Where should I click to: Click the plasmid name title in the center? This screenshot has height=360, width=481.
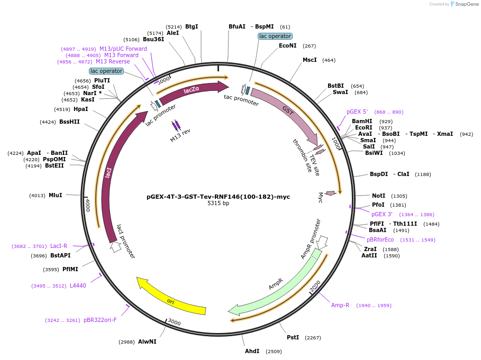pyautogui.click(x=218, y=197)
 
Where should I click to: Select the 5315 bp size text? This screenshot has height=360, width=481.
pyautogui.click(x=218, y=204)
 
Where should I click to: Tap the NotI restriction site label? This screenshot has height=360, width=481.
pyautogui.click(x=378, y=196)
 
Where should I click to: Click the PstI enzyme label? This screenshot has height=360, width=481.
pyautogui.click(x=293, y=337)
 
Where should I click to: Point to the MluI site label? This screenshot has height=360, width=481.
pyautogui.click(x=55, y=195)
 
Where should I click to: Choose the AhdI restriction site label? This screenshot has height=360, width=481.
pyautogui.click(x=252, y=351)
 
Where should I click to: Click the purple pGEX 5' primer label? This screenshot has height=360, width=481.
pyautogui.click(x=357, y=112)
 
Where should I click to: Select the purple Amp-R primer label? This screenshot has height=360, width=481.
pyautogui.click(x=340, y=305)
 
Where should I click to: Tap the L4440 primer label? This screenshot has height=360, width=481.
pyautogui.click(x=78, y=285)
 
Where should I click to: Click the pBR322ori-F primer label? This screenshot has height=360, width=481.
pyautogui.click(x=100, y=320)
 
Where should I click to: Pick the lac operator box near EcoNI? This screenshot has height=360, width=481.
pyautogui.click(x=275, y=36)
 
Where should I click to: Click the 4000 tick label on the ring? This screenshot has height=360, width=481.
pyautogui.click(x=88, y=206)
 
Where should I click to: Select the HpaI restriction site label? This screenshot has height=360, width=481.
pyautogui.click(x=81, y=109)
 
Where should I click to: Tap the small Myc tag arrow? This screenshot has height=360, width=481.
pyautogui.click(x=330, y=193)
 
